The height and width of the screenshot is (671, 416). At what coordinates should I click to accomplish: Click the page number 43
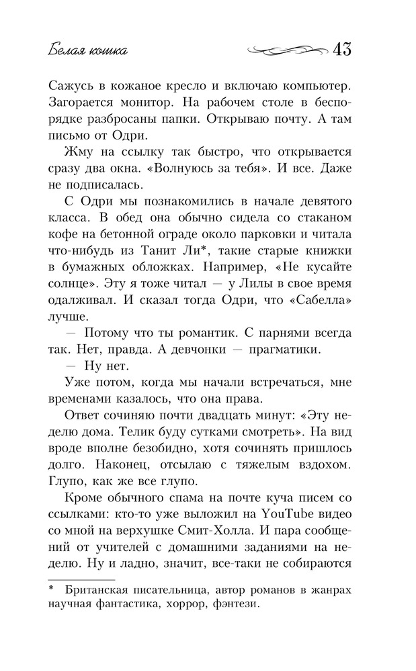[342, 50]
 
